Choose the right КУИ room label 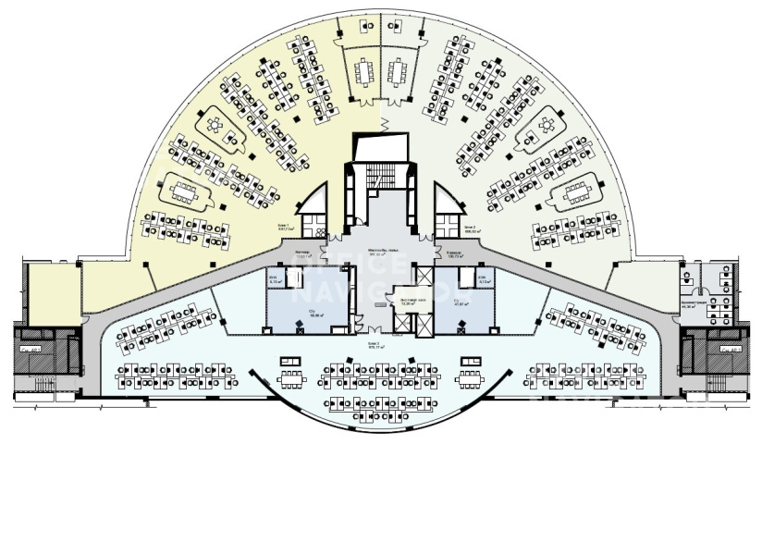click(485, 280)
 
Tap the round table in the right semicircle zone click(545, 126)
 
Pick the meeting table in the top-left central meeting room click(363, 70)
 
